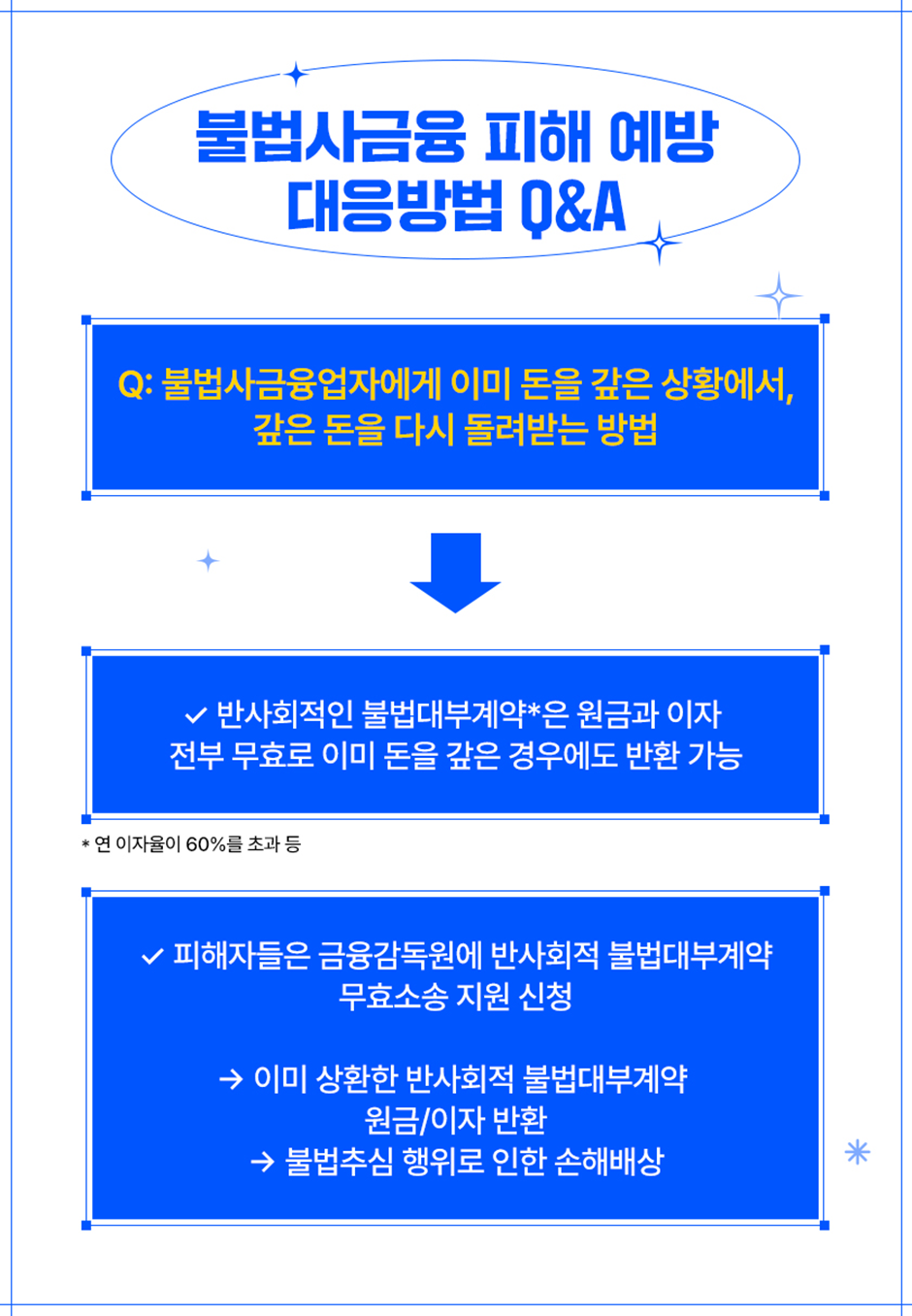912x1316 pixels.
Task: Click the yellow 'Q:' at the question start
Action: tap(135, 384)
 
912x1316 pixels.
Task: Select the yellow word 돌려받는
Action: tap(525, 428)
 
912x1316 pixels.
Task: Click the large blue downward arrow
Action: tap(455, 573)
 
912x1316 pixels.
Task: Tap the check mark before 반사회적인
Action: tap(195, 716)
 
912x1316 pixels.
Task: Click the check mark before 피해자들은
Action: tap(152, 957)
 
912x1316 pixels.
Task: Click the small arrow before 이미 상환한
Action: tap(231, 1079)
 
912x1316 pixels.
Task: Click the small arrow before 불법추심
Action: tap(262, 1162)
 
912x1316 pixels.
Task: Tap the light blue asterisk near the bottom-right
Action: tap(857, 1152)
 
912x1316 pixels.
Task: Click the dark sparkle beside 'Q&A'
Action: tap(660, 243)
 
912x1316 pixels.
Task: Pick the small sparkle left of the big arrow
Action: tap(208, 561)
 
